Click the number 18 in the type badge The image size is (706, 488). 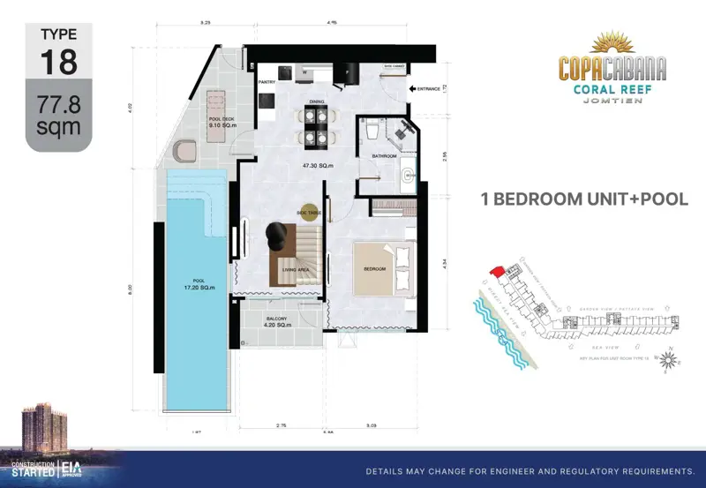(58, 62)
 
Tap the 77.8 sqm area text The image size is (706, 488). (58, 116)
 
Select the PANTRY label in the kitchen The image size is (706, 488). (267, 82)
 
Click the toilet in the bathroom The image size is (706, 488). (373, 131)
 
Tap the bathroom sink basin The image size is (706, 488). (407, 176)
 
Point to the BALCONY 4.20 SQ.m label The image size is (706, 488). (277, 321)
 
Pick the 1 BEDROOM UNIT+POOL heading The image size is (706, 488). (583, 199)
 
